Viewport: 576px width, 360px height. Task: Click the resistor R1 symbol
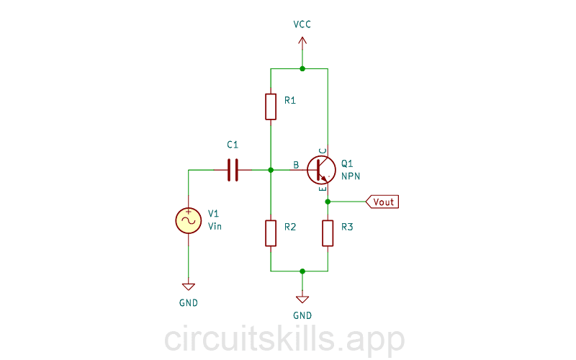coord(270,106)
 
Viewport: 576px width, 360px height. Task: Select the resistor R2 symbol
coord(270,233)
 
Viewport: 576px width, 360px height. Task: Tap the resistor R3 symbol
coord(328,233)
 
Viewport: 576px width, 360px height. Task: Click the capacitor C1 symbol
coord(232,170)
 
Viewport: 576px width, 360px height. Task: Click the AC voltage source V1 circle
coord(189,220)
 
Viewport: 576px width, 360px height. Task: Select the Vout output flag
coord(382,202)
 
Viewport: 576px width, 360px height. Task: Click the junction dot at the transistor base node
coord(270,170)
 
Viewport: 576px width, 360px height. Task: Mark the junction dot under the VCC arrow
coord(302,68)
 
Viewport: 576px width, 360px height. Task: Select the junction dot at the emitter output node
coord(328,202)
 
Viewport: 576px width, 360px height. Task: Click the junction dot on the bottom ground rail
coord(302,271)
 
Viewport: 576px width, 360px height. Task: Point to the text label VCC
coord(302,24)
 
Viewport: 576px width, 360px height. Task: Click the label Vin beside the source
coord(215,227)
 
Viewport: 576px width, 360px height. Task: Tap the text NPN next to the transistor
coord(351,176)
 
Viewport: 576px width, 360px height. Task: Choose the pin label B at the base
coord(296,165)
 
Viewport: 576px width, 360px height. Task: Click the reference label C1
coord(232,145)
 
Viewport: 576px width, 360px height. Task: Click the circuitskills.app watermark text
coord(284,338)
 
